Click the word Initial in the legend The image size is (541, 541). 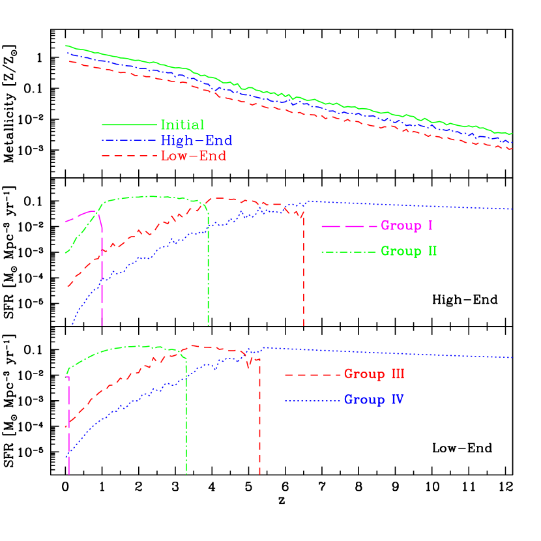pyautogui.click(x=183, y=124)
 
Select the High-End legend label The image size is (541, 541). pyautogui.click(x=196, y=140)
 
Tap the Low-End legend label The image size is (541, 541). pyautogui.click(x=194, y=156)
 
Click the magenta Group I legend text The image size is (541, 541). pyautogui.click(x=407, y=226)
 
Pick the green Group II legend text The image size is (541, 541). pyautogui.click(x=409, y=251)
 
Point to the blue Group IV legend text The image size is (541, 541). pyautogui.click(x=373, y=399)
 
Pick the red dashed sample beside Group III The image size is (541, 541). pyautogui.click(x=314, y=375)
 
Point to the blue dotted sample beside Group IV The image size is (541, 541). pyautogui.click(x=314, y=400)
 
